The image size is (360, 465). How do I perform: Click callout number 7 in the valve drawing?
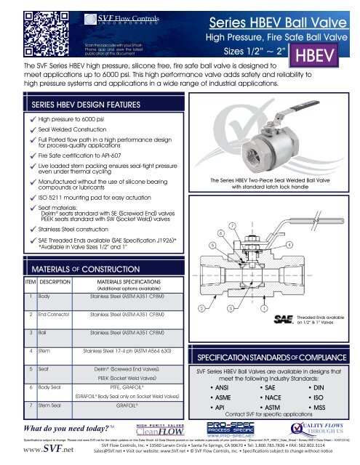tap(231, 229)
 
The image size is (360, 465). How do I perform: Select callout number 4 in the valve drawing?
tap(289, 245)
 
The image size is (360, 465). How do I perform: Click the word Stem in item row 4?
tap(45, 351)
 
